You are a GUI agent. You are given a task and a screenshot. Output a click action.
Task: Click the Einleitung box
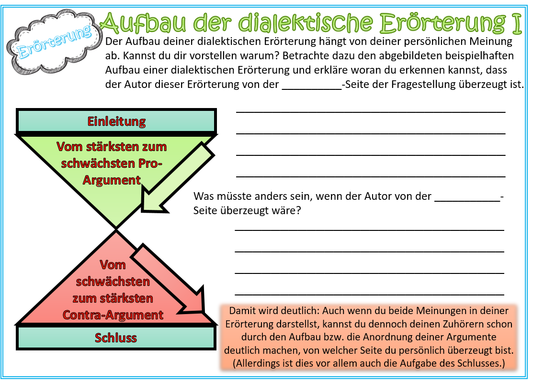tap(116, 121)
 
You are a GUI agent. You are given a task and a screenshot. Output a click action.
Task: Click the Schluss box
tap(116, 337)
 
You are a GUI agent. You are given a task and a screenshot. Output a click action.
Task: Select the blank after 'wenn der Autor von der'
tap(466, 196)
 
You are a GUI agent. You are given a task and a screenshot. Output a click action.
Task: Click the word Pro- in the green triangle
tap(150, 163)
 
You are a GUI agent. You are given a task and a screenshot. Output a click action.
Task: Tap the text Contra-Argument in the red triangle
tap(113, 315)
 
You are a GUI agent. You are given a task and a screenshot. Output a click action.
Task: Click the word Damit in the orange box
tap(242, 310)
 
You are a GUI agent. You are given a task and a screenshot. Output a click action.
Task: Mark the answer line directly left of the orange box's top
tap(369, 294)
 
